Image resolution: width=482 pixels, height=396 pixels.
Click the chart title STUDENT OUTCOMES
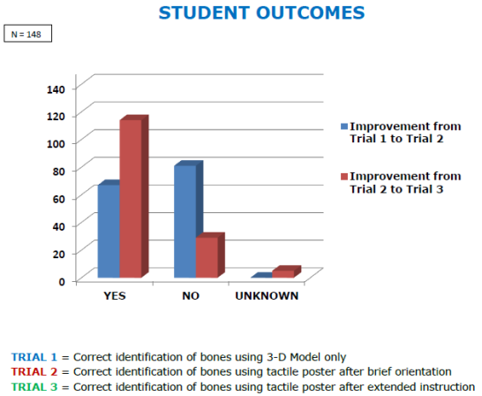coord(261,13)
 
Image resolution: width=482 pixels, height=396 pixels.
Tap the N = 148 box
coord(27,34)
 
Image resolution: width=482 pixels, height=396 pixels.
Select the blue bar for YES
coord(109,231)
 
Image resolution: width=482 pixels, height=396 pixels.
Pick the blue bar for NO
coord(185,221)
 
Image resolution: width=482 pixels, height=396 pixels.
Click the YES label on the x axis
coord(115,296)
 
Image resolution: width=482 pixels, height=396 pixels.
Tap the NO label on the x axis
coord(191,296)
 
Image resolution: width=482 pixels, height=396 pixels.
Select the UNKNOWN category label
coord(267,296)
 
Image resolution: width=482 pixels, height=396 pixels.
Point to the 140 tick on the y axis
coord(56,89)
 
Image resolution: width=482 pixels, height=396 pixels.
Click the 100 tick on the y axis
coord(56,144)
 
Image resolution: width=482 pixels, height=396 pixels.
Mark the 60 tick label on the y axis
coord(59,199)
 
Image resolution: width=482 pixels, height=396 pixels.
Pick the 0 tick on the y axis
coord(62,282)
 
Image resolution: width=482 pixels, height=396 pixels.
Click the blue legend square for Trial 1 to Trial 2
coord(344,126)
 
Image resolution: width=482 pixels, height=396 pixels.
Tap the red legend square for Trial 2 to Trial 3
coord(344,177)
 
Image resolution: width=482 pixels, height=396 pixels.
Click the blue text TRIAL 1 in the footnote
coord(34,357)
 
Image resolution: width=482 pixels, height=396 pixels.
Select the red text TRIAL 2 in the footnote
coord(34,372)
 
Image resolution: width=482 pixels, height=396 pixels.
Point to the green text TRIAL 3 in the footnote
coord(34,386)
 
